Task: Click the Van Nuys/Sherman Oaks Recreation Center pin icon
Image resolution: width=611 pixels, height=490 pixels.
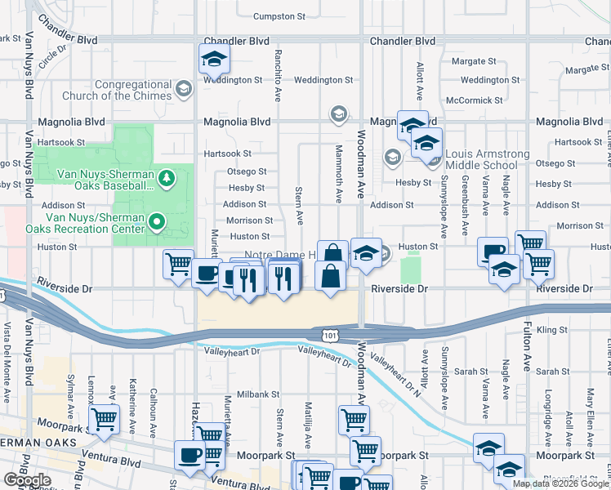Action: pyautogui.click(x=159, y=220)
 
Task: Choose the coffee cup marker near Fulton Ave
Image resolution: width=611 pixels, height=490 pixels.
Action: pyautogui.click(x=493, y=252)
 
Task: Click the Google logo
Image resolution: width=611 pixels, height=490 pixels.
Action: pyautogui.click(x=27, y=480)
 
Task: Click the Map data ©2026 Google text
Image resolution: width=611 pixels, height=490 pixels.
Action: pyautogui.click(x=560, y=483)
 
